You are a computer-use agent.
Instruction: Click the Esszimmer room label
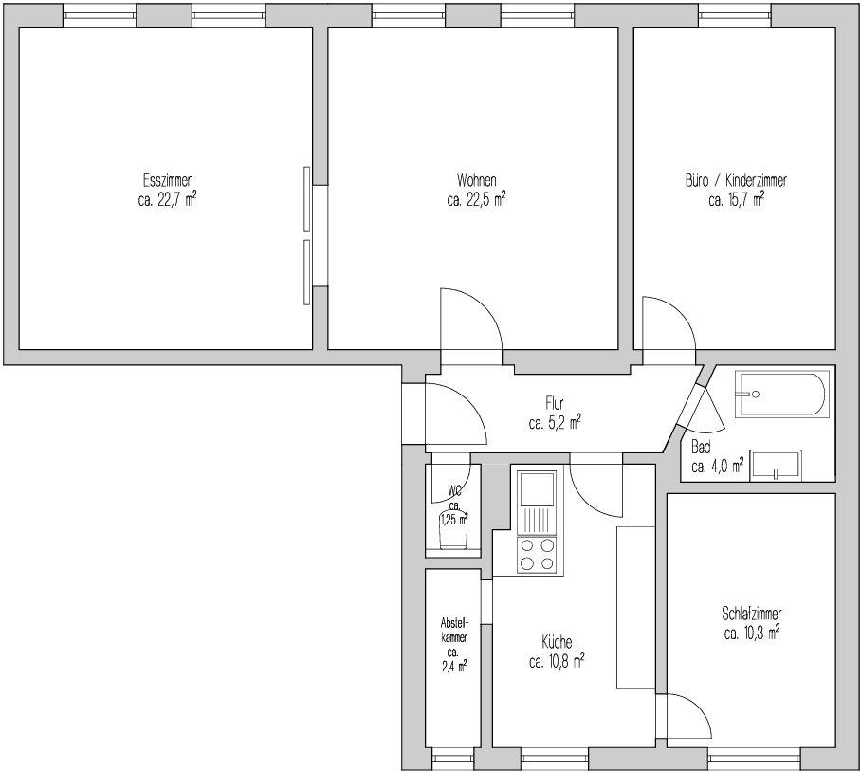(x=167, y=180)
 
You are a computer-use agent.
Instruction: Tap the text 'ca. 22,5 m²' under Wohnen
(x=476, y=199)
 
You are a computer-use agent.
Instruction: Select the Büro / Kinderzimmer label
(x=736, y=180)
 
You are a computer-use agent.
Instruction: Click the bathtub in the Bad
(x=779, y=395)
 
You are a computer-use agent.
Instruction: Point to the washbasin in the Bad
(x=776, y=467)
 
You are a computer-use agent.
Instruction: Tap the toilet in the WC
(x=453, y=529)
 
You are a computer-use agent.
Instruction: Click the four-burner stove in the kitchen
(x=537, y=555)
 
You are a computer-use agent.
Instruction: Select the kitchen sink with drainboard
(x=537, y=503)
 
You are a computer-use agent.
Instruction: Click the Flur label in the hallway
(x=555, y=404)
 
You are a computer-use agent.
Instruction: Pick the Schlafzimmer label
(x=752, y=613)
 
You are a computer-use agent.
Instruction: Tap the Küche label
(x=557, y=642)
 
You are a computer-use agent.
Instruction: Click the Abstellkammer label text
(x=454, y=631)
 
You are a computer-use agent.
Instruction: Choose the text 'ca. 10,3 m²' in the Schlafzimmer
(x=752, y=634)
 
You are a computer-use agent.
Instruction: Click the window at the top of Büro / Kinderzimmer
(x=735, y=15)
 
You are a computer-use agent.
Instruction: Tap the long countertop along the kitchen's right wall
(x=636, y=607)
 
